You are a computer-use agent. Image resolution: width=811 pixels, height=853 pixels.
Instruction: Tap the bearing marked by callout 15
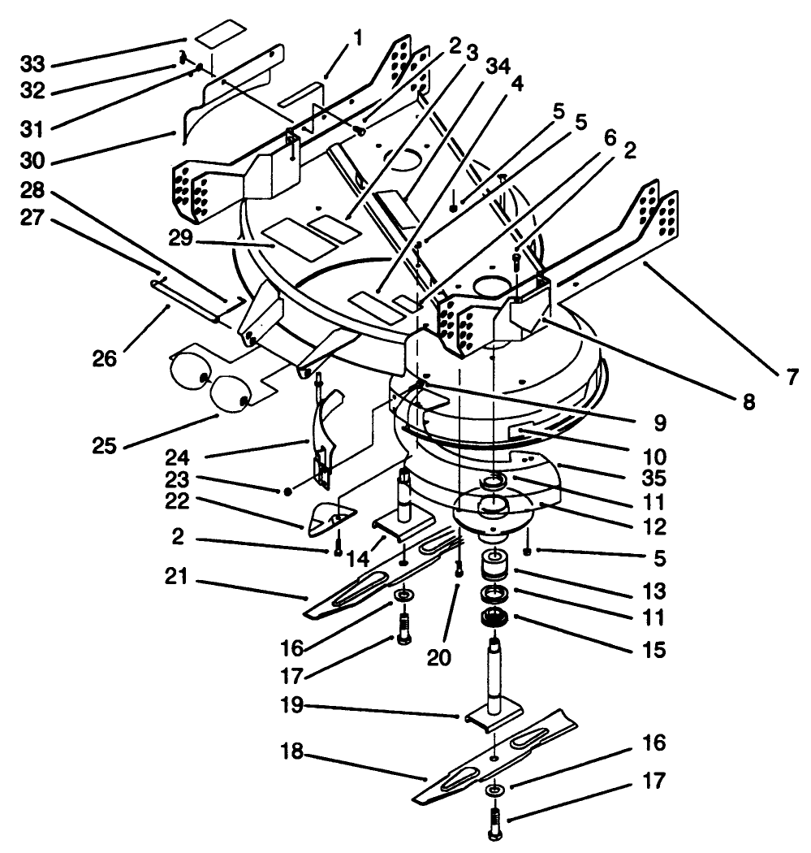pos(493,619)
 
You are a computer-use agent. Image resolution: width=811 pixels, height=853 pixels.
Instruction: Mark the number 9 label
pos(658,422)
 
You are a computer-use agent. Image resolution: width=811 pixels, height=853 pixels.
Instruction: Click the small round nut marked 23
pos(287,492)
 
